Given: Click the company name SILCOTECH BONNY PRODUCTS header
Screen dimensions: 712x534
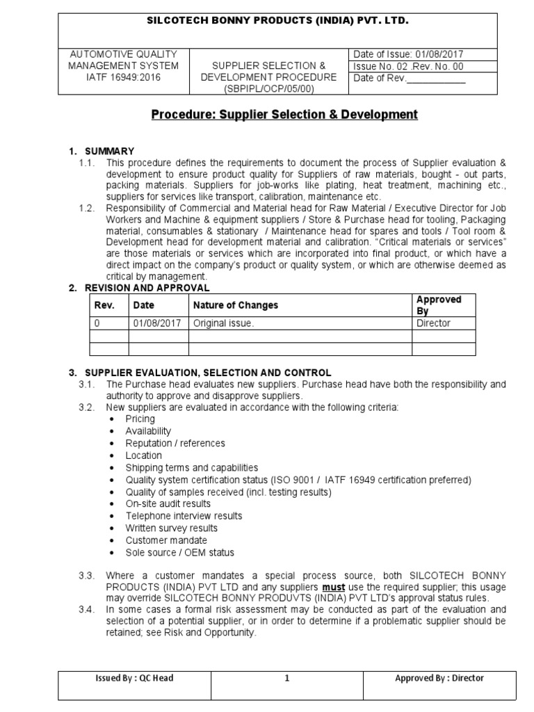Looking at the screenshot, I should pos(276,22).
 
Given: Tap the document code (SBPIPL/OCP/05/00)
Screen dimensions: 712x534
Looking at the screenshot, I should pos(268,89).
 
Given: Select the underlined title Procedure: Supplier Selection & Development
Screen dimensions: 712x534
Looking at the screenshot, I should pos(284,114).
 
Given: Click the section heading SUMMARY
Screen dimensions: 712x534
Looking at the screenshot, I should pos(110,151).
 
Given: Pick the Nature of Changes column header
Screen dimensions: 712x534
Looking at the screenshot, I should pos(236,305).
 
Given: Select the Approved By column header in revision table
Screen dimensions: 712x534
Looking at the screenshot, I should pos(438,305).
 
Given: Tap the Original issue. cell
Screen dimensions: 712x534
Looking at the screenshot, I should pos(224,323).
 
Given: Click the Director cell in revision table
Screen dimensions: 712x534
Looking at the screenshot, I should pos(433,323).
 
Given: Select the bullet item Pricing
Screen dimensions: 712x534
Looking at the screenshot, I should pos(140,419).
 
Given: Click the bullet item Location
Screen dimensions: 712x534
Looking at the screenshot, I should pos(144,455).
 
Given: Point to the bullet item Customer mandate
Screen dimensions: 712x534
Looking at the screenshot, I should pos(165,540).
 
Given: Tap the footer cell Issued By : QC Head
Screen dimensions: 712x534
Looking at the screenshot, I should pos(136,679).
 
